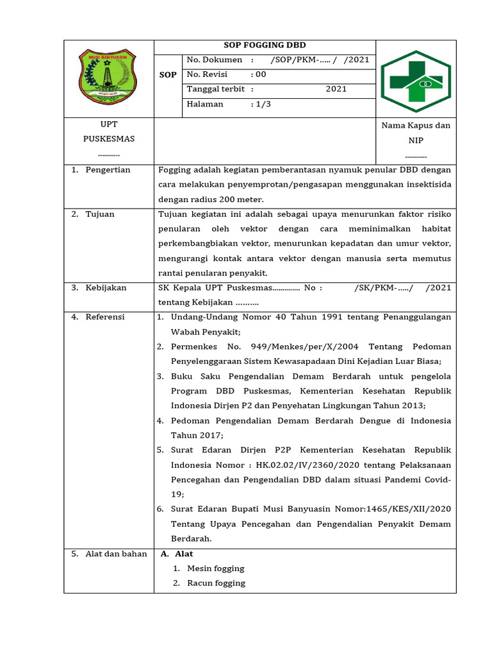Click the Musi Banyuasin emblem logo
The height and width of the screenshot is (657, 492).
(x=108, y=78)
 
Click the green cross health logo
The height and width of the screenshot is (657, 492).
(x=415, y=81)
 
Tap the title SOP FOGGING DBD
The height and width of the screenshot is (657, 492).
(x=265, y=46)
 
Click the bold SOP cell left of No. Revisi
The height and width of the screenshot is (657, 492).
(x=168, y=75)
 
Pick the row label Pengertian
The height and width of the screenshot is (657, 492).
(x=108, y=170)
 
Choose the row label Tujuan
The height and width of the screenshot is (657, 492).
(x=100, y=214)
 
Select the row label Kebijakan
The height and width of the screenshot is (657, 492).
(x=106, y=288)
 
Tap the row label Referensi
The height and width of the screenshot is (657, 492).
(x=105, y=317)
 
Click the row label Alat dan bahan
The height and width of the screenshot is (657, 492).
(x=116, y=554)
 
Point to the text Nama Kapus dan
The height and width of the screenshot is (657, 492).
(x=416, y=126)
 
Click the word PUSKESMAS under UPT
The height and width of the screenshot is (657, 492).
(x=109, y=139)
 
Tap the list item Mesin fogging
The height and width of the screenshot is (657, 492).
(x=216, y=568)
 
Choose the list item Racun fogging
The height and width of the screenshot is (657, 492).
(x=216, y=583)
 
